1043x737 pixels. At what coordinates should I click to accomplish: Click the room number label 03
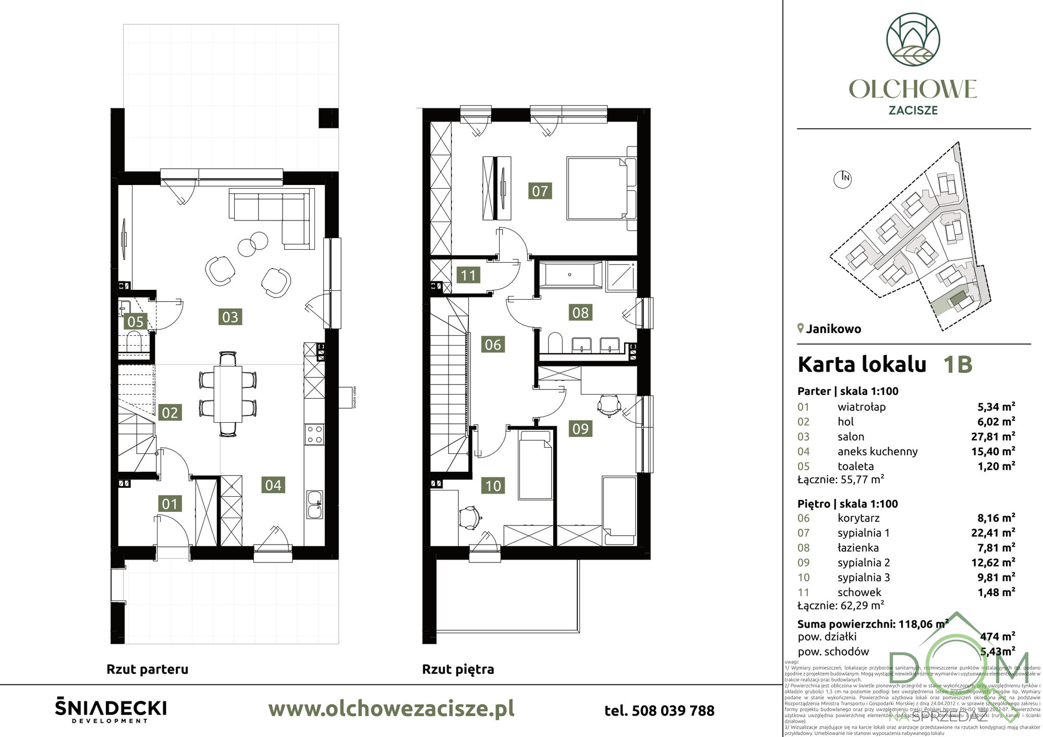230,317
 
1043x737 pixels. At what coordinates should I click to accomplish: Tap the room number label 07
540,191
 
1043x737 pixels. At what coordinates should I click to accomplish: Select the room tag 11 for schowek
468,275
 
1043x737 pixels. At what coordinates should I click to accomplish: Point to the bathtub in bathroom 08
570,275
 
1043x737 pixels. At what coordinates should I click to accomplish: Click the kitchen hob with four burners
314,435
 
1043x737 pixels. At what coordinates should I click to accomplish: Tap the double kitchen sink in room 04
314,504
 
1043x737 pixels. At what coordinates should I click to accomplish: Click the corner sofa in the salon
271,214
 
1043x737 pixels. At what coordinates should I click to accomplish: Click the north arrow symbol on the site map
843,178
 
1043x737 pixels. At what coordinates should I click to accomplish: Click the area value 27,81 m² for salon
996,436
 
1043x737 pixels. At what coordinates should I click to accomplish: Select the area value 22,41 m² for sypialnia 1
996,533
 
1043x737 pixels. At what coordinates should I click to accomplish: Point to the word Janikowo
833,329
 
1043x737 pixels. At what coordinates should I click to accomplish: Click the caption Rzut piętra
457,669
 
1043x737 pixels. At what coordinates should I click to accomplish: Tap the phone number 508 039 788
659,710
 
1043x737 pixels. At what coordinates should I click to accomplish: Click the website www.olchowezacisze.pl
391,709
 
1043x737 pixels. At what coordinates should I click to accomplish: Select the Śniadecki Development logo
111,711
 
